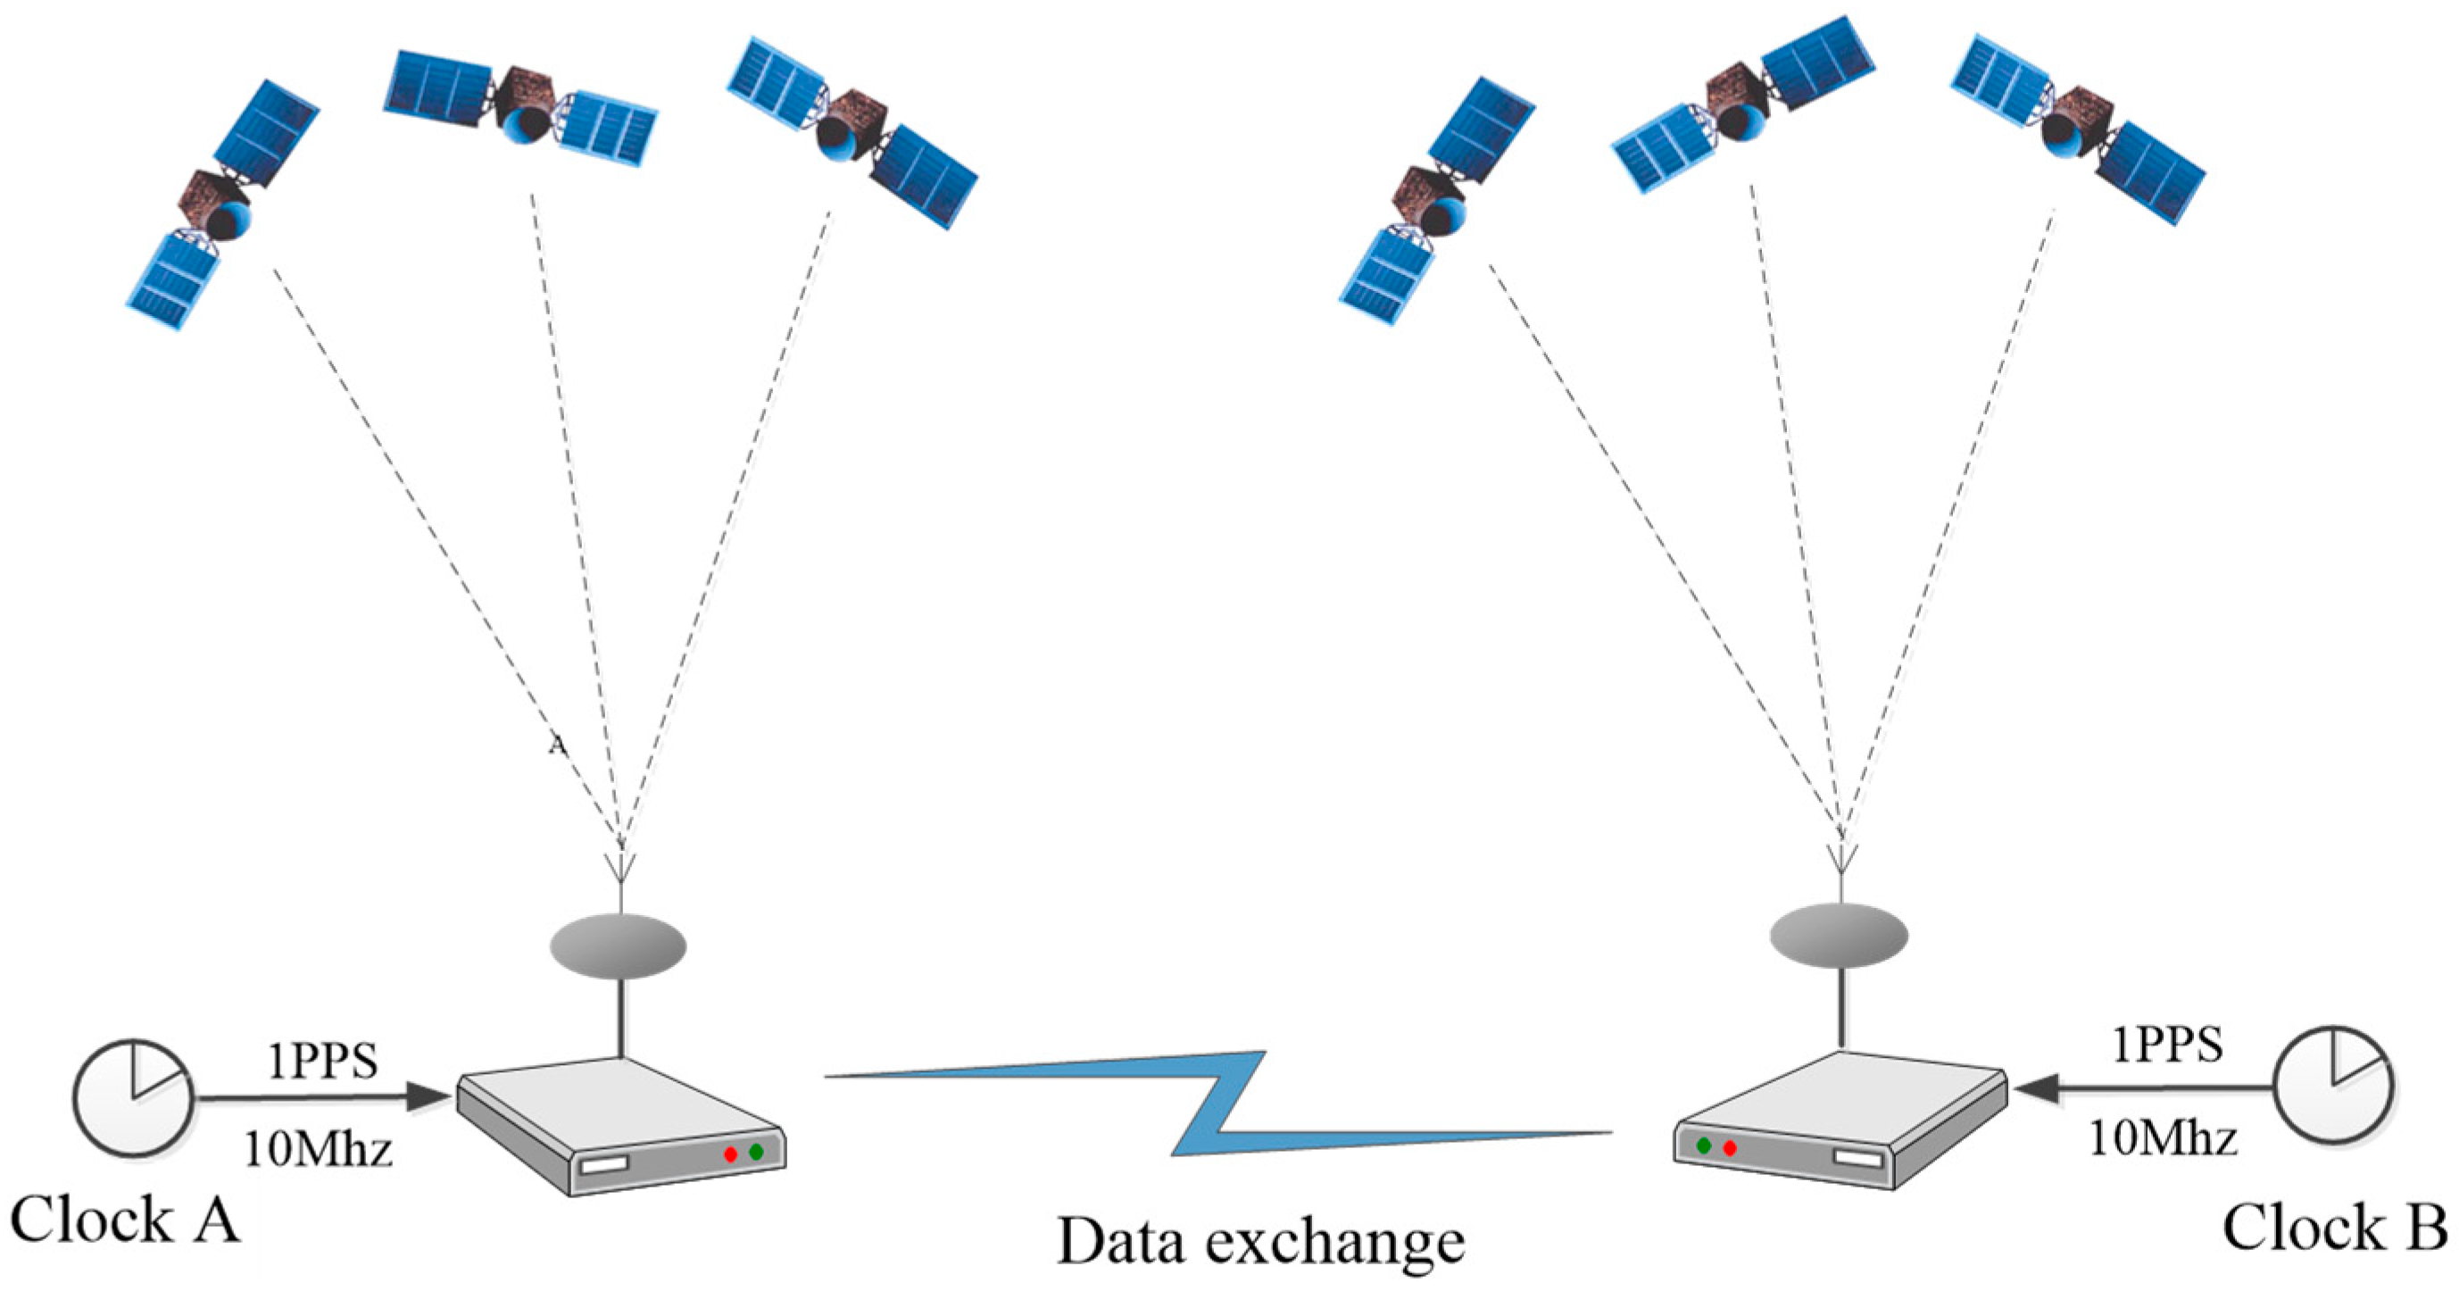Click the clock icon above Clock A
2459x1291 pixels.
tap(133, 1099)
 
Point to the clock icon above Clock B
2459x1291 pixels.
tap(2333, 1086)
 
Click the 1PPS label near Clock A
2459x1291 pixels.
tap(322, 1062)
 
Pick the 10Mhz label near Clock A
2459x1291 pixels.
tap(319, 1149)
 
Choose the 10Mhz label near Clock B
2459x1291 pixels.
tap(2163, 1138)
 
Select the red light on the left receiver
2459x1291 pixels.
tap(730, 1154)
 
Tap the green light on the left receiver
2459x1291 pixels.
tap(757, 1152)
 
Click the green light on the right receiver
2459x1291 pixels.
tap(1704, 1145)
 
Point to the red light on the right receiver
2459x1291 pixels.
tap(1730, 1148)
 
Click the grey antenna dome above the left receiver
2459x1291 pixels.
tap(619, 946)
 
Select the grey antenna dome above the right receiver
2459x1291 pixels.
tap(1839, 936)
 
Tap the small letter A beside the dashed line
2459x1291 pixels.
tap(558, 745)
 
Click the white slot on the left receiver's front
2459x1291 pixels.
tap(605, 1165)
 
